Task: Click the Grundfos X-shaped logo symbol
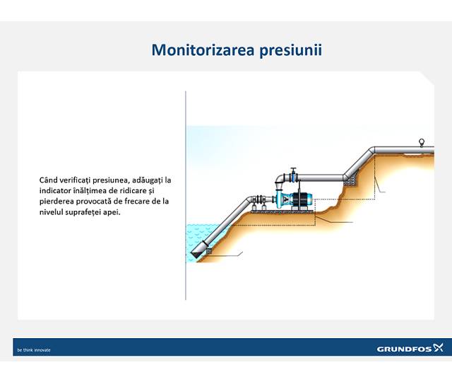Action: point(438,347)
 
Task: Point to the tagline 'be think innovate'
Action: point(34,349)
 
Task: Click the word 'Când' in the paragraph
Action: point(50,180)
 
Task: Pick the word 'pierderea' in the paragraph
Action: point(57,201)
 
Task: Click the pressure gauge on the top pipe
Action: point(422,142)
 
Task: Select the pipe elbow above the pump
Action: point(277,181)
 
